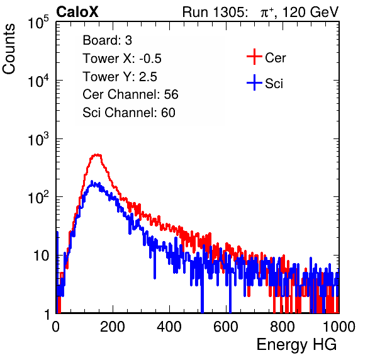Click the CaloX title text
(77, 12)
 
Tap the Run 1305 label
(215, 12)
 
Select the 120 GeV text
(310, 12)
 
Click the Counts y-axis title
(9, 49)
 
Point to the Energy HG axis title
(296, 345)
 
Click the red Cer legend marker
(254, 57)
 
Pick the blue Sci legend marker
(254, 83)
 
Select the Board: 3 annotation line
(107, 40)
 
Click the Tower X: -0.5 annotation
(122, 59)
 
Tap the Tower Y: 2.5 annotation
(120, 77)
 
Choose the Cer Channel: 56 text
(130, 94)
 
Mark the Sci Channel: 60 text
(129, 113)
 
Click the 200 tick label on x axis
(113, 327)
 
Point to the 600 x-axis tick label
(226, 327)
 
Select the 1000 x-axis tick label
(339, 327)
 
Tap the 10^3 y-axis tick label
(38, 139)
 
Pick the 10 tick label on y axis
(41, 256)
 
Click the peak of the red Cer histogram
(97, 155)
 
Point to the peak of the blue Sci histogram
(92, 182)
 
